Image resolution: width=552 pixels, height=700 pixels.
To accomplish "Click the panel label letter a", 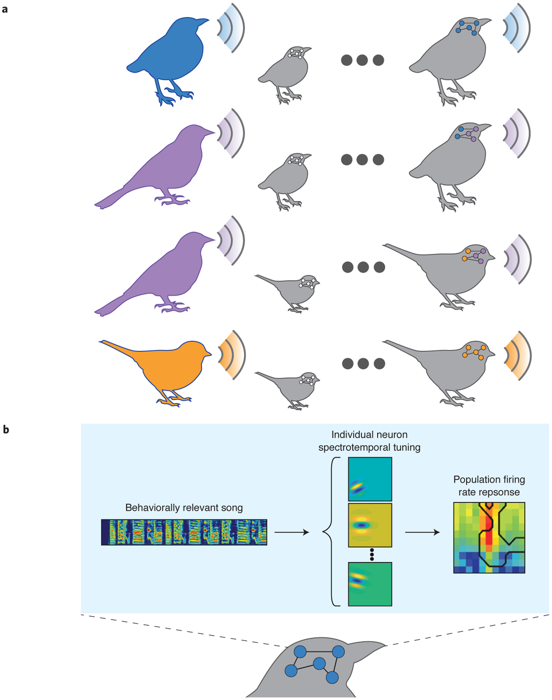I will pyautogui.click(x=5, y=9).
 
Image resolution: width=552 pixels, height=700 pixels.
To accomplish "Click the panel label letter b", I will pyautogui.click(x=5, y=430).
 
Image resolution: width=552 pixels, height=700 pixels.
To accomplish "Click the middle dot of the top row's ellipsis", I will pyautogui.click(x=362, y=60).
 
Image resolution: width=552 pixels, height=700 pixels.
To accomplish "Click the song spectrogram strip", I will pyautogui.click(x=184, y=532).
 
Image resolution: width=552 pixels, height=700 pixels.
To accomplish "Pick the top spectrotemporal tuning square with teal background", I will pyautogui.click(x=370, y=479).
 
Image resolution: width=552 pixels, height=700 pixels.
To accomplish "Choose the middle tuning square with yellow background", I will pyautogui.click(x=370, y=525).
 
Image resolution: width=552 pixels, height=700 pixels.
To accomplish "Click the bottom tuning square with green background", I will pyautogui.click(x=370, y=584).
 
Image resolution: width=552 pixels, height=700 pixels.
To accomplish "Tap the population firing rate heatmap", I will pyautogui.click(x=489, y=537).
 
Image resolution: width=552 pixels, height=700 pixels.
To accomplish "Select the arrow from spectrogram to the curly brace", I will pyautogui.click(x=291, y=532).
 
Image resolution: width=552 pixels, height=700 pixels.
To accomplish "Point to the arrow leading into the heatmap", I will pyautogui.click(x=422, y=532).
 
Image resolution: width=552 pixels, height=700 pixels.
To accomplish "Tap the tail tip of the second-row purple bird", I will pyautogui.click(x=98, y=205).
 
